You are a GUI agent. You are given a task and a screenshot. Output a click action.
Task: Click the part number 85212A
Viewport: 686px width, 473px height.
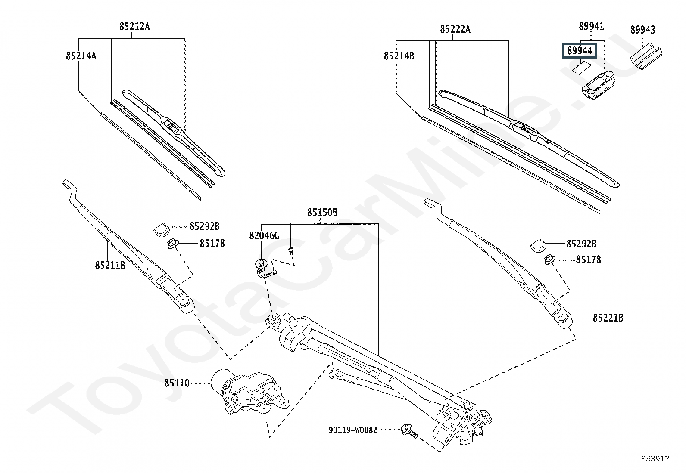[134, 27]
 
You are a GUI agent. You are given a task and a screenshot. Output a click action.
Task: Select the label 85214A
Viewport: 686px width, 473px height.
[81, 56]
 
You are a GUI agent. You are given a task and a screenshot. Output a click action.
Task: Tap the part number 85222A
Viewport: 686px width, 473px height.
[455, 29]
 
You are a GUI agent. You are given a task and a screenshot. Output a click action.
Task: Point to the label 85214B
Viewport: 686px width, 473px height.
[399, 56]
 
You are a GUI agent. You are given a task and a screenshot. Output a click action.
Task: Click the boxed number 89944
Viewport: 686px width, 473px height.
[580, 51]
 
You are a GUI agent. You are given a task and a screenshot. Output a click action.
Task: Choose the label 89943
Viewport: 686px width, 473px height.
[642, 30]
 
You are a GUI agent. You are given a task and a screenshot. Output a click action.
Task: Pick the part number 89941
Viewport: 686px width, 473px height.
[591, 26]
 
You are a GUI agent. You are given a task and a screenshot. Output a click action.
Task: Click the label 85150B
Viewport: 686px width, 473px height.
[322, 213]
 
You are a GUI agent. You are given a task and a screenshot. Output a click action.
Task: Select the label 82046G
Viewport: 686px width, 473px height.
[264, 235]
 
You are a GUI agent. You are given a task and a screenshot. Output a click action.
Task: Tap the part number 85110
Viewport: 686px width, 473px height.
[177, 383]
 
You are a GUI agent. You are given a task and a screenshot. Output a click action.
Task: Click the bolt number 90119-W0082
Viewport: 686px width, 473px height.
[352, 430]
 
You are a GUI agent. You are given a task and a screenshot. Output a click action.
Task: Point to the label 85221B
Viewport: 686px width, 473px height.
[608, 318]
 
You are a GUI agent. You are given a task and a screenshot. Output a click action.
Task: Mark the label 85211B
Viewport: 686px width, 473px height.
[110, 265]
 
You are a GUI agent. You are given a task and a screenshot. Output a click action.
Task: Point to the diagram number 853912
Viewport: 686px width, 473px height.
[655, 459]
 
